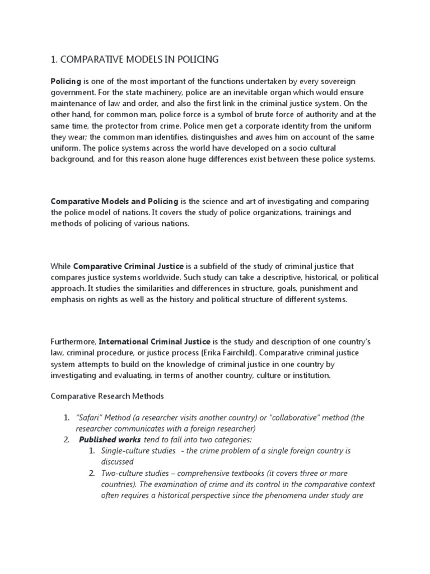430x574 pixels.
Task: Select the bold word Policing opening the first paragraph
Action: pos(66,81)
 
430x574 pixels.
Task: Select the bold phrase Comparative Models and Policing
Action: pos(114,201)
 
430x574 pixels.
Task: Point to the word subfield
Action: pos(229,266)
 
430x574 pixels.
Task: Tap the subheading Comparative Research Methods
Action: pos(107,396)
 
